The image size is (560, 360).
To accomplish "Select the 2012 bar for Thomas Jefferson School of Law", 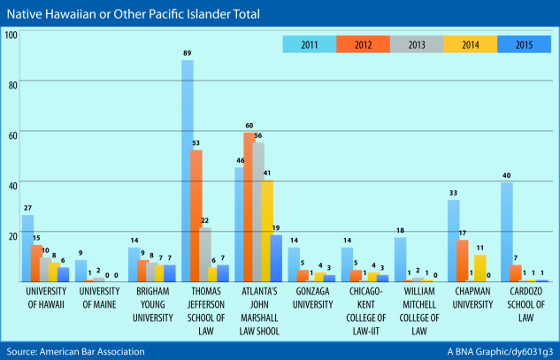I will (197, 216).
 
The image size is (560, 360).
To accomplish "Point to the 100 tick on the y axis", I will (11, 34).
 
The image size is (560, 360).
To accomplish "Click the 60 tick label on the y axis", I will (12, 133).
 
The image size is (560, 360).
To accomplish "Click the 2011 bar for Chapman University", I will (453, 241).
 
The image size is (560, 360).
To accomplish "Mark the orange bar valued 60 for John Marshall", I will (249, 207).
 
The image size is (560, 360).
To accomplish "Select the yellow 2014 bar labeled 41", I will (266, 231).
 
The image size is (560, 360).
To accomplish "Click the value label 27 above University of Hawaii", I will (27, 209).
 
